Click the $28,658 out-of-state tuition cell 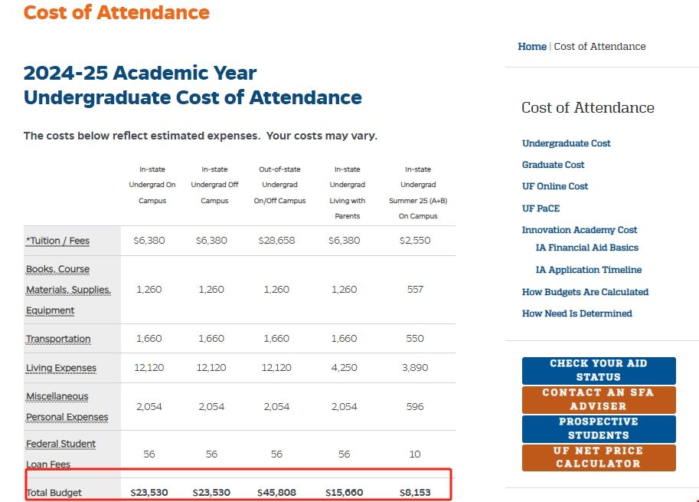(276, 241)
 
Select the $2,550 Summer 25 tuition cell (415, 241)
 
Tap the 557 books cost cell (415, 290)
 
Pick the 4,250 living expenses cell (344, 368)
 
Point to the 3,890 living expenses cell (415, 368)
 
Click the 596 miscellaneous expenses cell (415, 407)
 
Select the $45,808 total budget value (276, 492)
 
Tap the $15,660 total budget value (344, 492)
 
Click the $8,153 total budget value (415, 492)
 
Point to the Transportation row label (58, 339)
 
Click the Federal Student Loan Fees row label (60, 454)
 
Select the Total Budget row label (54, 492)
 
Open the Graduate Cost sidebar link (553, 165)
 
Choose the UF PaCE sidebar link (541, 208)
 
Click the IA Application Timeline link (589, 270)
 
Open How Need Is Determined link (577, 313)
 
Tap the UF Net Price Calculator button (599, 458)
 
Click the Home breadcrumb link (532, 47)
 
